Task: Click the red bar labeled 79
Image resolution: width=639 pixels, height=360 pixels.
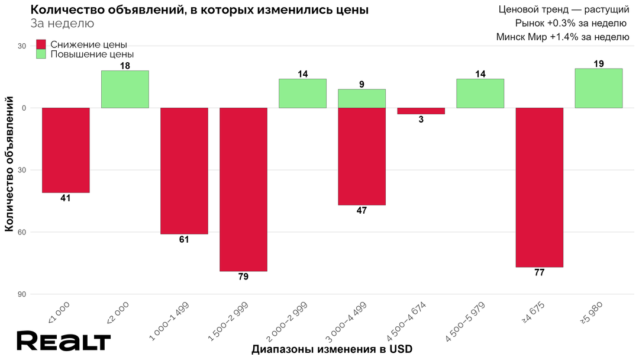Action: (243, 189)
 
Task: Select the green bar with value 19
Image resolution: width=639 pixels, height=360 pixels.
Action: (598, 88)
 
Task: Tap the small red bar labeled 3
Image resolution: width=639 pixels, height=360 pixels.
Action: (421, 111)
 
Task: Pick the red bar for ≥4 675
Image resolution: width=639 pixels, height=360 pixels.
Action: (539, 187)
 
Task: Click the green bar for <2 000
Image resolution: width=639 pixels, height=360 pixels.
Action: (125, 89)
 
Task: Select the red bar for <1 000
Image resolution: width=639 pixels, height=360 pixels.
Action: (66, 150)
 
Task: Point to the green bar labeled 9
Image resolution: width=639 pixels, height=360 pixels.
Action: (362, 98)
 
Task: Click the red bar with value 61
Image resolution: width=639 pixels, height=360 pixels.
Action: (184, 171)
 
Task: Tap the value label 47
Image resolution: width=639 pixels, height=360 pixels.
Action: (362, 211)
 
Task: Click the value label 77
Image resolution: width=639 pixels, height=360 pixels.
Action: (539, 273)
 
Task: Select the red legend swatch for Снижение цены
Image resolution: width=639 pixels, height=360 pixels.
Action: (41, 44)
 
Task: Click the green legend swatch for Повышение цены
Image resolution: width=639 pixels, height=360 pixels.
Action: (41, 54)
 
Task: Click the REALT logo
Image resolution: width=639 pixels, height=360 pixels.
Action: (63, 341)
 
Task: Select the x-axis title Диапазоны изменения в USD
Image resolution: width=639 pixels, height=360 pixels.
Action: (331, 349)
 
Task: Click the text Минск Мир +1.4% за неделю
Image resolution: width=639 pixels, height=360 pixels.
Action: (562, 37)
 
